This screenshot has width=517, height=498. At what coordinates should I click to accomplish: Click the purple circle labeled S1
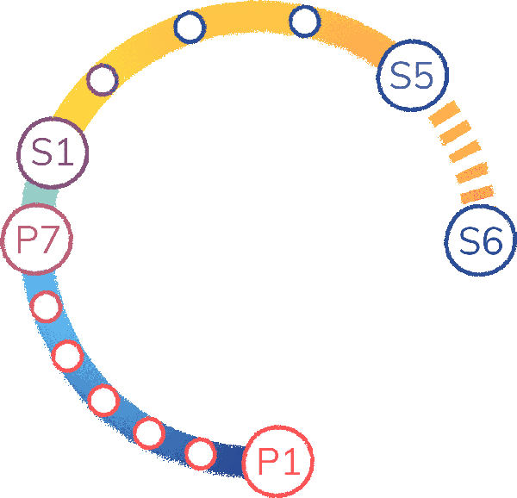53,152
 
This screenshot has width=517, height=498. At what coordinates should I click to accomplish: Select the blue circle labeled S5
412,76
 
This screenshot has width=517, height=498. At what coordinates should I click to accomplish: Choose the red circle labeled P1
277,463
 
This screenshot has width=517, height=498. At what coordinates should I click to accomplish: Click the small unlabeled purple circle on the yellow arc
103,79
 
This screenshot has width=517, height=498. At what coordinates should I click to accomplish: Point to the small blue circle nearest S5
304,21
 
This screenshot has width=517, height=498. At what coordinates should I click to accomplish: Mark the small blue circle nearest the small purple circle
190,28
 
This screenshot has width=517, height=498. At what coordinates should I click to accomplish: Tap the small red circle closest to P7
45,306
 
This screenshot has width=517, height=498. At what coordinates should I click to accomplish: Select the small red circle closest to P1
200,451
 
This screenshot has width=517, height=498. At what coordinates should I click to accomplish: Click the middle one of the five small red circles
103,400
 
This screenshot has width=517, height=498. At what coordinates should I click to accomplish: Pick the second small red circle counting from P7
67,354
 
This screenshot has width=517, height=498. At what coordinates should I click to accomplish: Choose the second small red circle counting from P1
149,431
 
